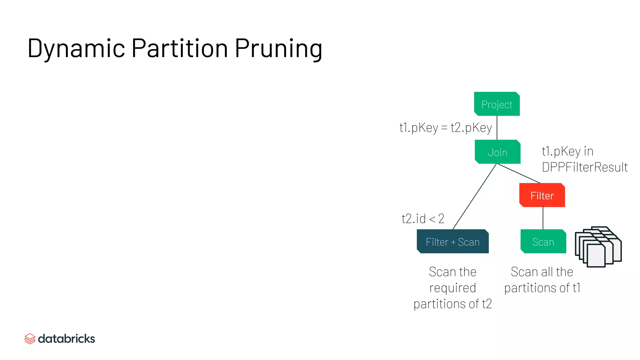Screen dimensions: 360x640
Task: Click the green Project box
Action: coord(497,104)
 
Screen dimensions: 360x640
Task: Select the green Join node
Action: coord(497,152)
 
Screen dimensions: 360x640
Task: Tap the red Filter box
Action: coord(542,195)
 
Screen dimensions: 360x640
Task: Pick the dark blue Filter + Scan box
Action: coord(452,242)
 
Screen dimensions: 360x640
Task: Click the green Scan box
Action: coord(543,242)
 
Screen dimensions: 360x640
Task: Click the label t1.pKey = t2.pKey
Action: coord(446,127)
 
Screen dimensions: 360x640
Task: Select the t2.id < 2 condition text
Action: coord(423,218)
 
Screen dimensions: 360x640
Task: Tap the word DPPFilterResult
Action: coord(585,167)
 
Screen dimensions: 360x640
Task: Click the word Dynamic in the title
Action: coord(76,48)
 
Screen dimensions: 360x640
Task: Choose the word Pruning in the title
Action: coord(278,49)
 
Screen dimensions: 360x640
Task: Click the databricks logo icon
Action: coord(30,339)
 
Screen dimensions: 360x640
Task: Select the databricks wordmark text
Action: coord(66,339)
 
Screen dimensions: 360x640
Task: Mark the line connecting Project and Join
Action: coord(497,128)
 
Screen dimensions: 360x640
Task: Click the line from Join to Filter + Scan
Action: coord(474,197)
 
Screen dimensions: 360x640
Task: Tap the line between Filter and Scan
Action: coord(543,218)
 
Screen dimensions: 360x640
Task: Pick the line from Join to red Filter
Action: coord(519,173)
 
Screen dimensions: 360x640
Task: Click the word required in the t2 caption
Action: coord(452,288)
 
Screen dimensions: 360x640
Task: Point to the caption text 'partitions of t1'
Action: coord(542,288)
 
